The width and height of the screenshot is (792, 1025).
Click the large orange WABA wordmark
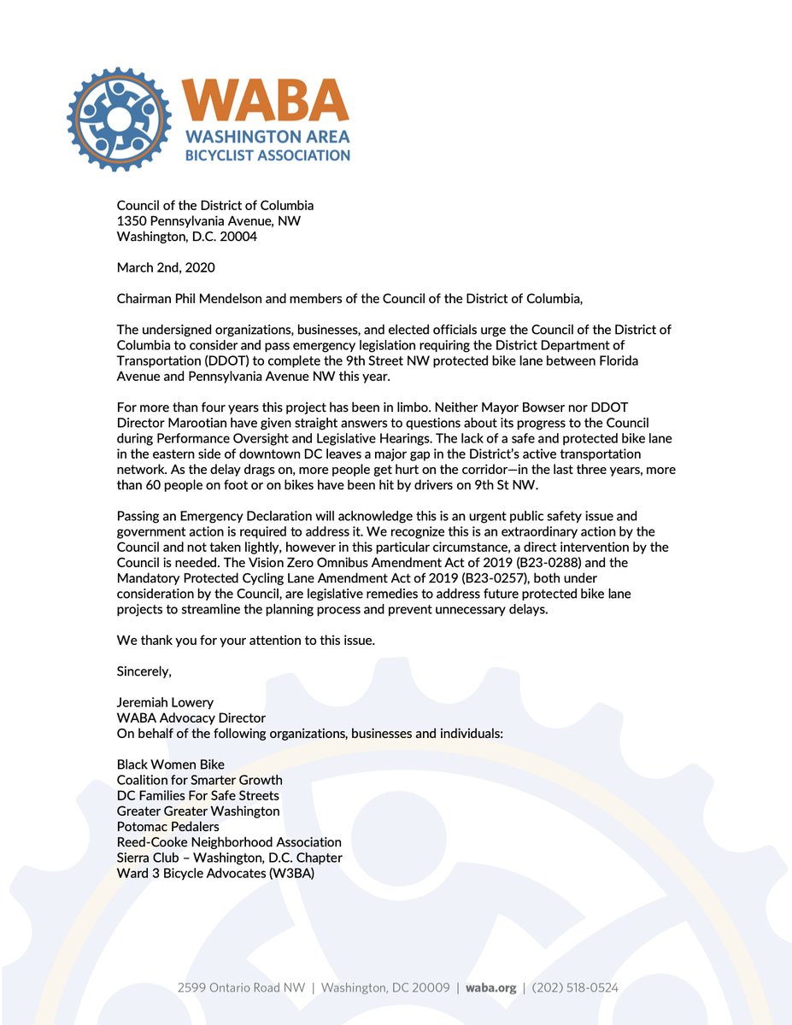[267, 102]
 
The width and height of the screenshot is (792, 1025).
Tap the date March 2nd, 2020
[166, 267]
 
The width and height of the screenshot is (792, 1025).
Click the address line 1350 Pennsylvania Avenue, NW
[208, 221]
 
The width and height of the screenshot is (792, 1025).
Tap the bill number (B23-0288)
[509, 561]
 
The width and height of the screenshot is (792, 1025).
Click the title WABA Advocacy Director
[191, 718]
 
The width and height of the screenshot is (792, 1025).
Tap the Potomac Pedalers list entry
[168, 826]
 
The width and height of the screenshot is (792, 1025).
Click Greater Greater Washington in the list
[198, 811]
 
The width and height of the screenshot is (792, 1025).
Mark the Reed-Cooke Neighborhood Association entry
[229, 841]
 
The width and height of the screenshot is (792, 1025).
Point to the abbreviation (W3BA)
[288, 872]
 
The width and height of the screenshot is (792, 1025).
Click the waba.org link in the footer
[491, 987]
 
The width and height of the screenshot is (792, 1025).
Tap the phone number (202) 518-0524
[575, 987]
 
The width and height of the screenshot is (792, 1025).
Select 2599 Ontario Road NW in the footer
[241, 987]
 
